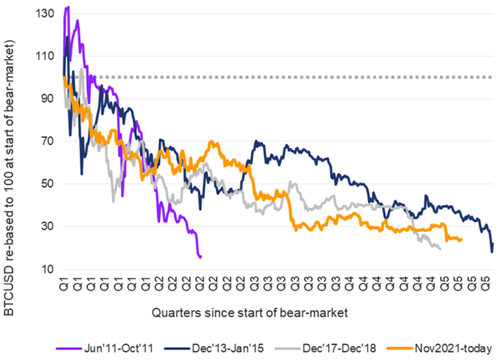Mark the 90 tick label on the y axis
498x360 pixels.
46,98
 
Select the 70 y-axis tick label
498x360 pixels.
46,141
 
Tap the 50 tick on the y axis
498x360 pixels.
46,184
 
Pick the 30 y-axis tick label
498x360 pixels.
46,226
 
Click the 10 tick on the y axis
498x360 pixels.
46,269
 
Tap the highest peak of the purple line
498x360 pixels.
68,7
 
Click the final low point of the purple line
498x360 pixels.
200,257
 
